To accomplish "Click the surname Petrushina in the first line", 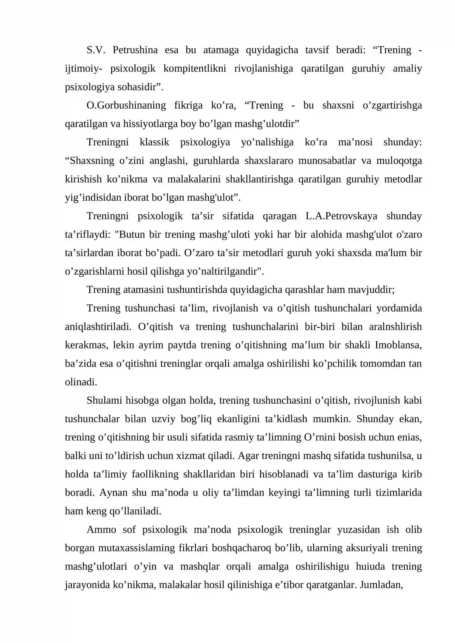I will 135,50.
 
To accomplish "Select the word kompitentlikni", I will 195,69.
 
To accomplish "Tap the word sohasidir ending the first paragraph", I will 139,87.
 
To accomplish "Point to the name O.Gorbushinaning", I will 126,105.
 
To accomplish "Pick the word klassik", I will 154,142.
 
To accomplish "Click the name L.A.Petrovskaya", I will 341,216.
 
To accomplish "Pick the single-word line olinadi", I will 81,382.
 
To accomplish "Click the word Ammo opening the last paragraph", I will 101,530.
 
